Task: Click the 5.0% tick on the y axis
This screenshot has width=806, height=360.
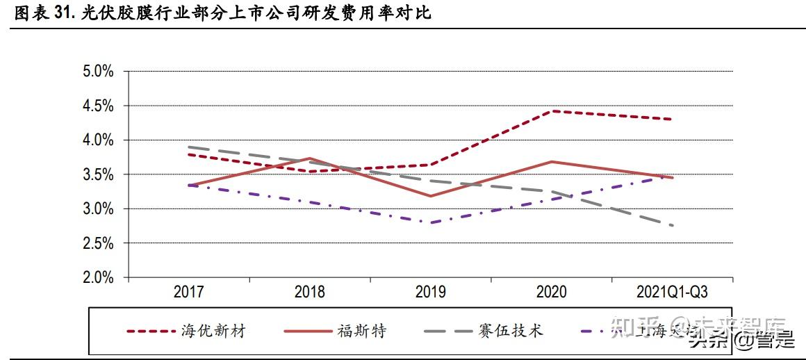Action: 97,72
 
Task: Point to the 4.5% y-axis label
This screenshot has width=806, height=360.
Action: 97,106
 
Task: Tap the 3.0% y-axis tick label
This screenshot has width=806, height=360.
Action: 97,209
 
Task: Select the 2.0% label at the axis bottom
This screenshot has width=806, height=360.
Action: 97,278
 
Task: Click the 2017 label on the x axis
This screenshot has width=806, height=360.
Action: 188,292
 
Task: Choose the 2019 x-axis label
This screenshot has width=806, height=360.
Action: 431,292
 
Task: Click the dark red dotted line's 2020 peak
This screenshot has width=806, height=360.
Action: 552,111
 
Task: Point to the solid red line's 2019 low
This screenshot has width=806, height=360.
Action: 431,196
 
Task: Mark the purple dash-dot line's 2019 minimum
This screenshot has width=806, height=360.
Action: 431,222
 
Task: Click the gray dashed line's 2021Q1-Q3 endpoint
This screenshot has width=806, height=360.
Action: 673,225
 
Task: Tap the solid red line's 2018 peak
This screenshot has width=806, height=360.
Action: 310,158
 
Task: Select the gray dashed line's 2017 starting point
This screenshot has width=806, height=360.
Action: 189,147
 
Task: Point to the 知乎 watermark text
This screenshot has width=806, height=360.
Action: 637,325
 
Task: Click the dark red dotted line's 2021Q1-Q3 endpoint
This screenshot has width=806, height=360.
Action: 673,119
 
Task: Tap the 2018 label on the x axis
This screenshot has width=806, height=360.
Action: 310,292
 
